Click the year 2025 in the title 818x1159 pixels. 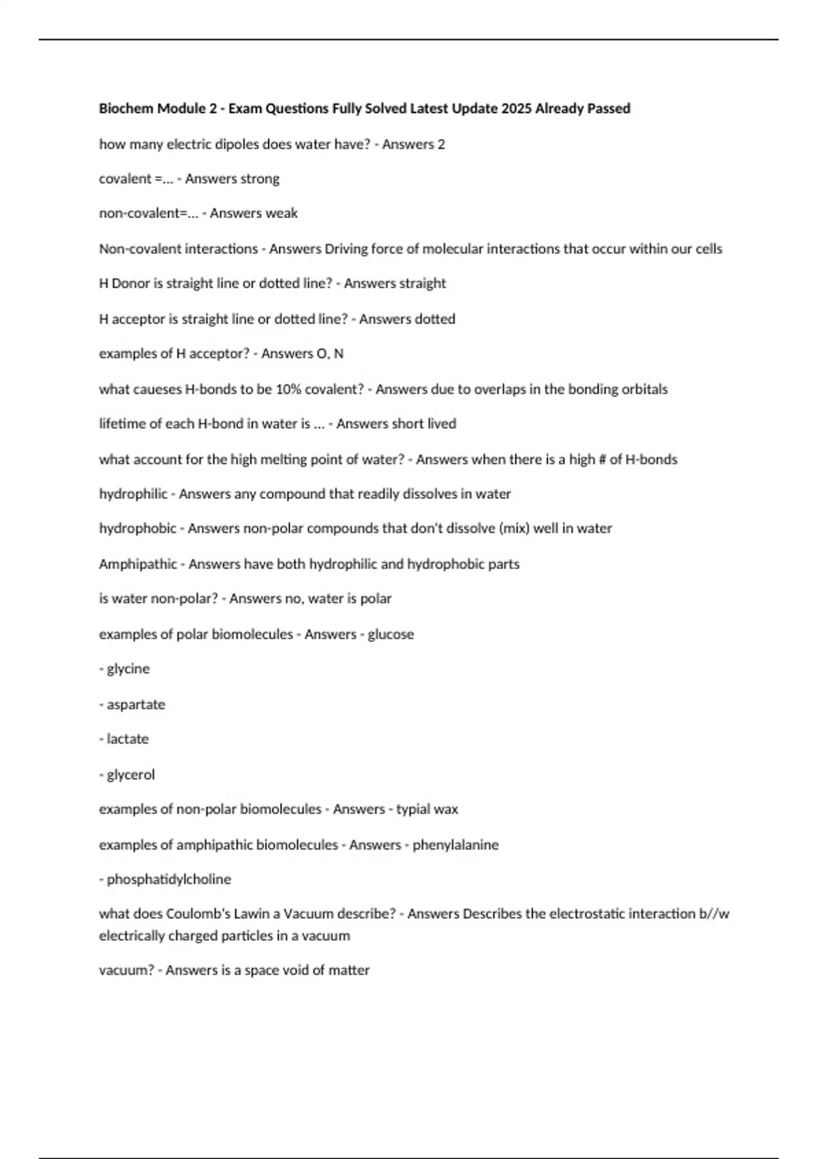coord(516,108)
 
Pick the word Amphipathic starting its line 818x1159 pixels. coord(138,564)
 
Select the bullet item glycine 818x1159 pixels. coord(128,669)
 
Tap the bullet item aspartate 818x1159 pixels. coord(136,704)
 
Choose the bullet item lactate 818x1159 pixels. coord(127,739)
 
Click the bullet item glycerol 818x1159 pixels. coord(131,774)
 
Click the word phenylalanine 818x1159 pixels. coord(455,845)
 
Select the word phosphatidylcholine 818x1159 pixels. coord(169,879)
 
